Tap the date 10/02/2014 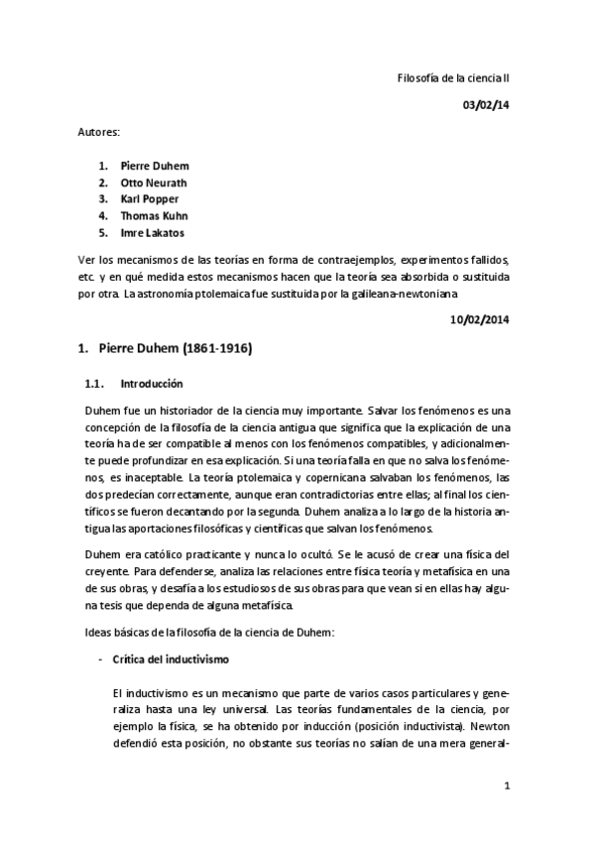point(480,319)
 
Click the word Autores point(99,131)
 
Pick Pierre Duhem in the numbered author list point(154,166)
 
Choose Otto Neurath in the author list point(154,182)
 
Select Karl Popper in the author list point(150,199)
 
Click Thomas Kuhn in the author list point(154,216)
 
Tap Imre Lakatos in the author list point(152,233)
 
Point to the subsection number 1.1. point(90,383)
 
